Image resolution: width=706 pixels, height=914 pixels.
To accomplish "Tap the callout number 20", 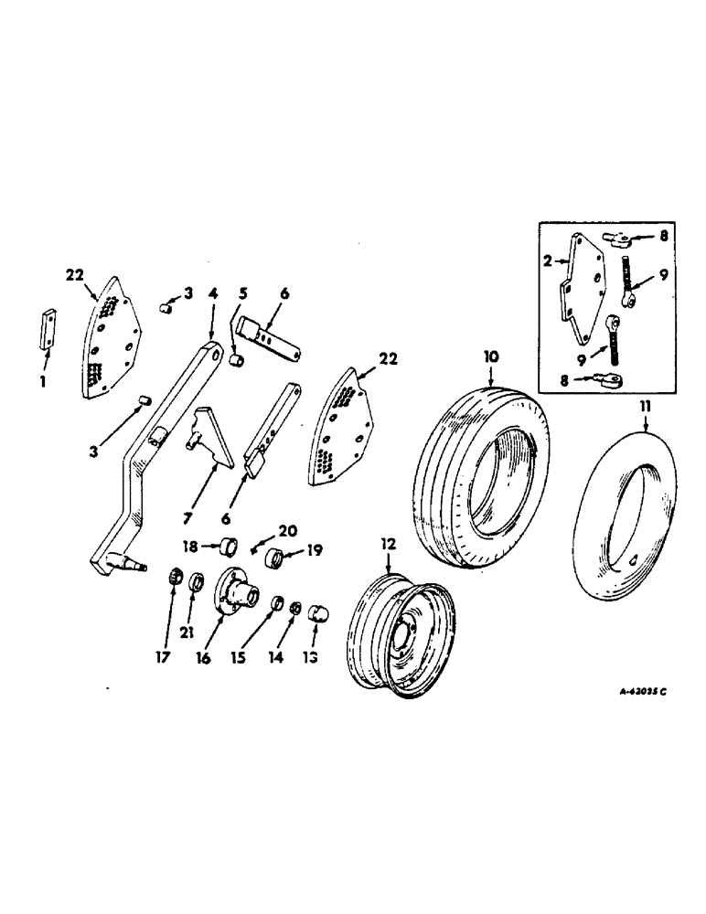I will (288, 530).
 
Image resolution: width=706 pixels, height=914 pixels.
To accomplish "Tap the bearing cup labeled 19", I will (272, 555).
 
